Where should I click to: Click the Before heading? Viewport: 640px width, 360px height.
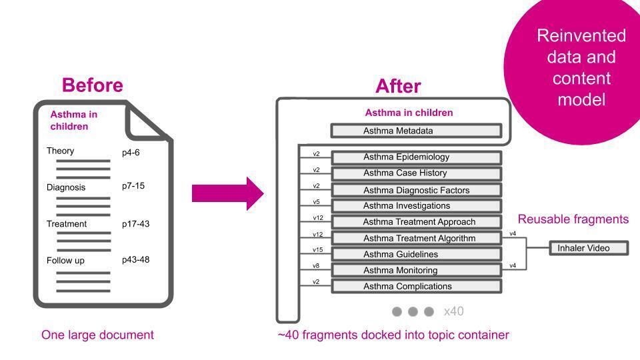coord(92,85)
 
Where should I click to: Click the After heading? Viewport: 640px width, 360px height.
coord(398,86)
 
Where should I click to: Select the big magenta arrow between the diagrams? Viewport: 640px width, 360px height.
coord(227,193)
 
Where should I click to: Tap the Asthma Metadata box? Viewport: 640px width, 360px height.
coord(416,131)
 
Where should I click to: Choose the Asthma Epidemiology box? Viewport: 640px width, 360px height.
coord(416,157)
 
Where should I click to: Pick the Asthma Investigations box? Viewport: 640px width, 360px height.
coord(416,206)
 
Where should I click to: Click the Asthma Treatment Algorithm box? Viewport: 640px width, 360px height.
coord(416,238)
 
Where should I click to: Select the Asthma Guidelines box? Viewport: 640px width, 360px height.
coord(416,254)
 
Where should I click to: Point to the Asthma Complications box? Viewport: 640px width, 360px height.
coord(416,286)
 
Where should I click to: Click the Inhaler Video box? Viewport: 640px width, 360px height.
coord(589,248)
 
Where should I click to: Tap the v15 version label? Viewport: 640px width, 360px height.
coord(317,250)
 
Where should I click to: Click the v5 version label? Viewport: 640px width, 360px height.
coord(316,202)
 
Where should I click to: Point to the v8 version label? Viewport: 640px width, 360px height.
coord(316,266)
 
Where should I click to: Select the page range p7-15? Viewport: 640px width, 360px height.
coord(133,186)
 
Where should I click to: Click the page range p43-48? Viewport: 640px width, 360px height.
coord(135,260)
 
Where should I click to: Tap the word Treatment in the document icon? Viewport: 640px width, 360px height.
coord(67,224)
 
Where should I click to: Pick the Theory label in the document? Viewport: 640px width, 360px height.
coord(61,151)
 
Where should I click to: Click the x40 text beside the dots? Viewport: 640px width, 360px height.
coord(453,311)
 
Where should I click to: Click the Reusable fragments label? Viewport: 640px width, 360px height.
coord(573,219)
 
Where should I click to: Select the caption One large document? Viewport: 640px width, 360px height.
coord(97,335)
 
